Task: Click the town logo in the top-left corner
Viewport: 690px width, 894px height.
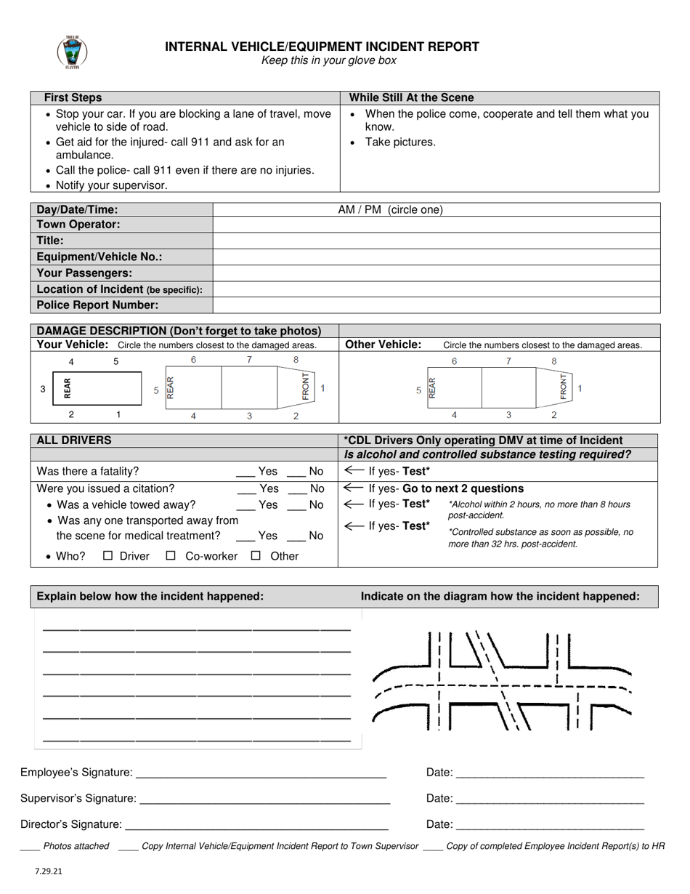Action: click(x=72, y=52)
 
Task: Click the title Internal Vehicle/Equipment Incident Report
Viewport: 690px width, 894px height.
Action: click(x=322, y=47)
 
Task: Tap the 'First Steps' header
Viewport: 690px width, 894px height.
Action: click(x=73, y=97)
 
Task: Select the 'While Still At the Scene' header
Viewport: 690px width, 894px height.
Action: click(x=411, y=97)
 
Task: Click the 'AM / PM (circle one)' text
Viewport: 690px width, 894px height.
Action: click(x=390, y=210)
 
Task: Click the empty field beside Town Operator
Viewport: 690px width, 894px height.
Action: click(x=436, y=225)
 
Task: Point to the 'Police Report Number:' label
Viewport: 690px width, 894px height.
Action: click(x=97, y=305)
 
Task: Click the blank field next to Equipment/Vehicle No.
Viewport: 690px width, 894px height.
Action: click(x=436, y=257)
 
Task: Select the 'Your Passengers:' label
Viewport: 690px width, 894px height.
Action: click(x=84, y=273)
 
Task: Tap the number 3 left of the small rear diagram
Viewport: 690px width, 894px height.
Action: click(x=43, y=389)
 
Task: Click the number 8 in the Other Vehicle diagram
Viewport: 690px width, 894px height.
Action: click(x=554, y=361)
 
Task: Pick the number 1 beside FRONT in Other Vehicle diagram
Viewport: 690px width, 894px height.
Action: click(x=580, y=389)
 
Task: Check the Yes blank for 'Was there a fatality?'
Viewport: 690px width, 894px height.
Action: click(x=246, y=472)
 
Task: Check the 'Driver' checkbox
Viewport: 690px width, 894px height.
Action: click(x=108, y=556)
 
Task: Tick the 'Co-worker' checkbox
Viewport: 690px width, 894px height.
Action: click(x=171, y=556)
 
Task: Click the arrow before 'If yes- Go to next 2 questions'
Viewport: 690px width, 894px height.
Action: click(x=354, y=488)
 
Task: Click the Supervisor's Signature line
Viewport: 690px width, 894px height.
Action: click(x=264, y=800)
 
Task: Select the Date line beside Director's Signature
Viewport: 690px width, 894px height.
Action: click(x=550, y=826)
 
